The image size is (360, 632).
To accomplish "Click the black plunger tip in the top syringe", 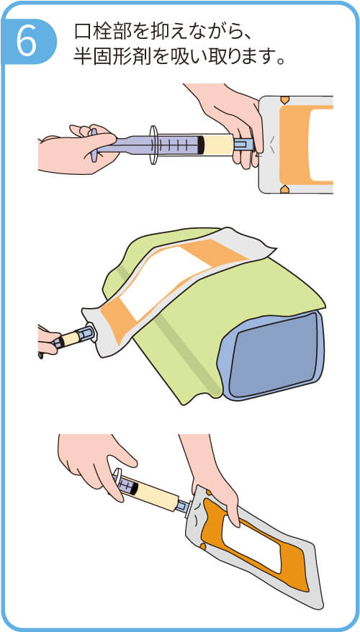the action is (x=201, y=145).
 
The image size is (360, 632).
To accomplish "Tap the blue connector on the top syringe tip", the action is (x=243, y=144).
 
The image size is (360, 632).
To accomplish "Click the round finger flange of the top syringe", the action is (x=153, y=145).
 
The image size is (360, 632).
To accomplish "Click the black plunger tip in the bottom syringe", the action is (x=134, y=488).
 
